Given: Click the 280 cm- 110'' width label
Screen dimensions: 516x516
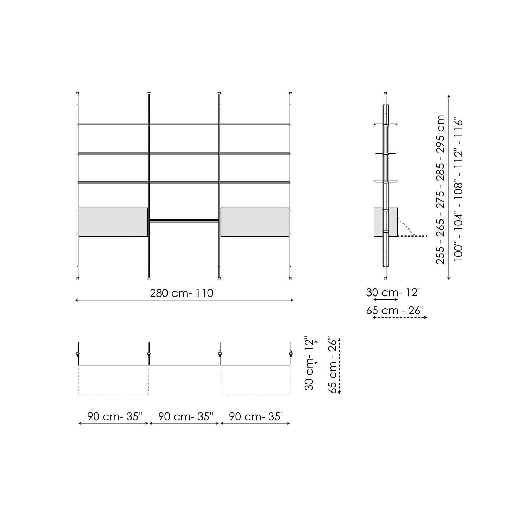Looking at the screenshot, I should (184, 293).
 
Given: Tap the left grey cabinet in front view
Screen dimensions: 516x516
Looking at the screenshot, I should (113, 222).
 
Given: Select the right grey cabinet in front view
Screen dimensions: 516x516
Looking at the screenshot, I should (255, 222).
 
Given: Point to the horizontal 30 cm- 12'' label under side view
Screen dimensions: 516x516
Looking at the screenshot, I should (393, 292).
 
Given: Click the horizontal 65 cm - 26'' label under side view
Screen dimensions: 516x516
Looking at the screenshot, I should (395, 310).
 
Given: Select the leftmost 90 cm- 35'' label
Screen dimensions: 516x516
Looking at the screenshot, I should (114, 417).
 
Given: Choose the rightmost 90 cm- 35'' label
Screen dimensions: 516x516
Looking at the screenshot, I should (256, 417).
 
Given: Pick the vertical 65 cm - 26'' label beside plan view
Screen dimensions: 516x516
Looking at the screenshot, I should (332, 365).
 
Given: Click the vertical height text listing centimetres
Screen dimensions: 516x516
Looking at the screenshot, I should (440, 189).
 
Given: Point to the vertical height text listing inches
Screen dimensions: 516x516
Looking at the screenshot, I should (459, 189).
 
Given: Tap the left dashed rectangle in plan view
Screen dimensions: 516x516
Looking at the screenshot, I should (113, 379).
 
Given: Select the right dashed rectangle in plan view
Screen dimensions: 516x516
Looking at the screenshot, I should (255, 379).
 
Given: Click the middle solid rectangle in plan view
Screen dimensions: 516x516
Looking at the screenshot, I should (184, 353).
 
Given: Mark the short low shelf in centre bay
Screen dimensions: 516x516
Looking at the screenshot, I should (184, 221).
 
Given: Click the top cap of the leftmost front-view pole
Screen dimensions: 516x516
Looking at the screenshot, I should (78, 93).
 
